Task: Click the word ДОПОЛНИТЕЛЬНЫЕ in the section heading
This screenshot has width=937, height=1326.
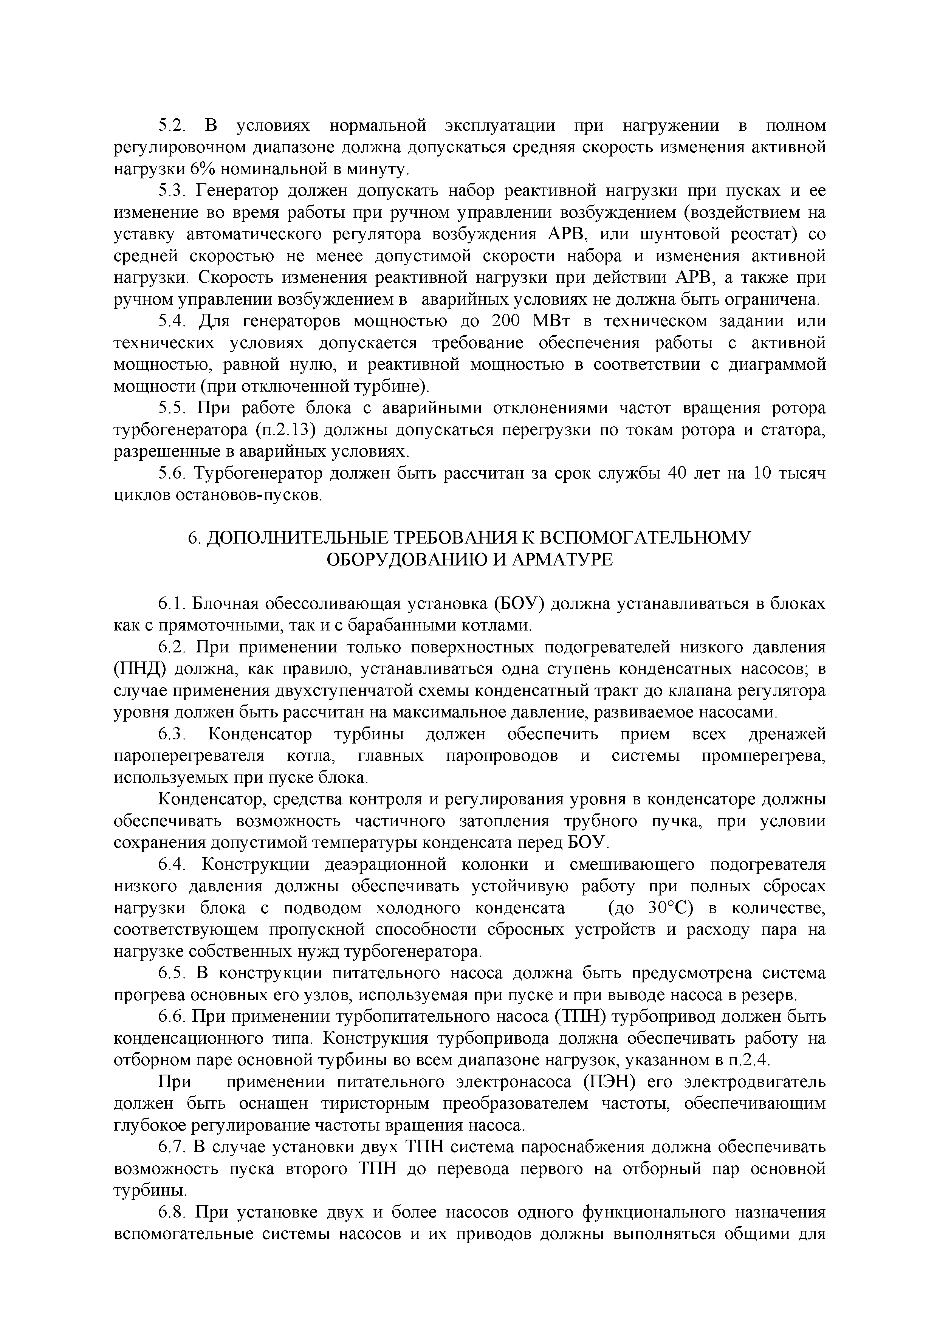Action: coord(297,538)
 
